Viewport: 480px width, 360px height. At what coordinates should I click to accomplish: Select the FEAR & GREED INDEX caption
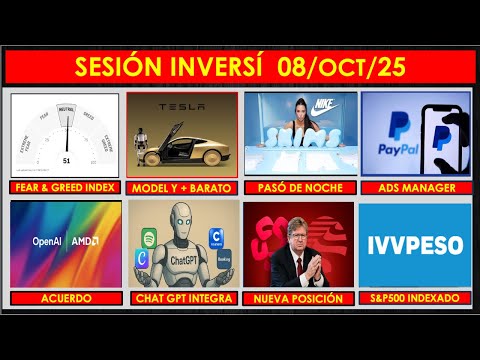pyautogui.click(x=65, y=188)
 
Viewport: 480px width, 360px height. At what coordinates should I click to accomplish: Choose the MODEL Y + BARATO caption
pyautogui.click(x=182, y=188)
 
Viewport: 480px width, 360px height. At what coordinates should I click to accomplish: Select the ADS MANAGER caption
pyautogui.click(x=414, y=188)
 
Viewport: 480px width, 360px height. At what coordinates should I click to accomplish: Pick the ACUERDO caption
pyautogui.click(x=65, y=298)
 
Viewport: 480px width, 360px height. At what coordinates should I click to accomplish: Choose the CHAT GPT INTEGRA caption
pyautogui.click(x=182, y=298)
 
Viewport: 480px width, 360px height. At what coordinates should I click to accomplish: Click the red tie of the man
pyautogui.click(x=297, y=272)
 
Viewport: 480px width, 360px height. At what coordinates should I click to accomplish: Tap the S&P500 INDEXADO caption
pyautogui.click(x=414, y=298)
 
